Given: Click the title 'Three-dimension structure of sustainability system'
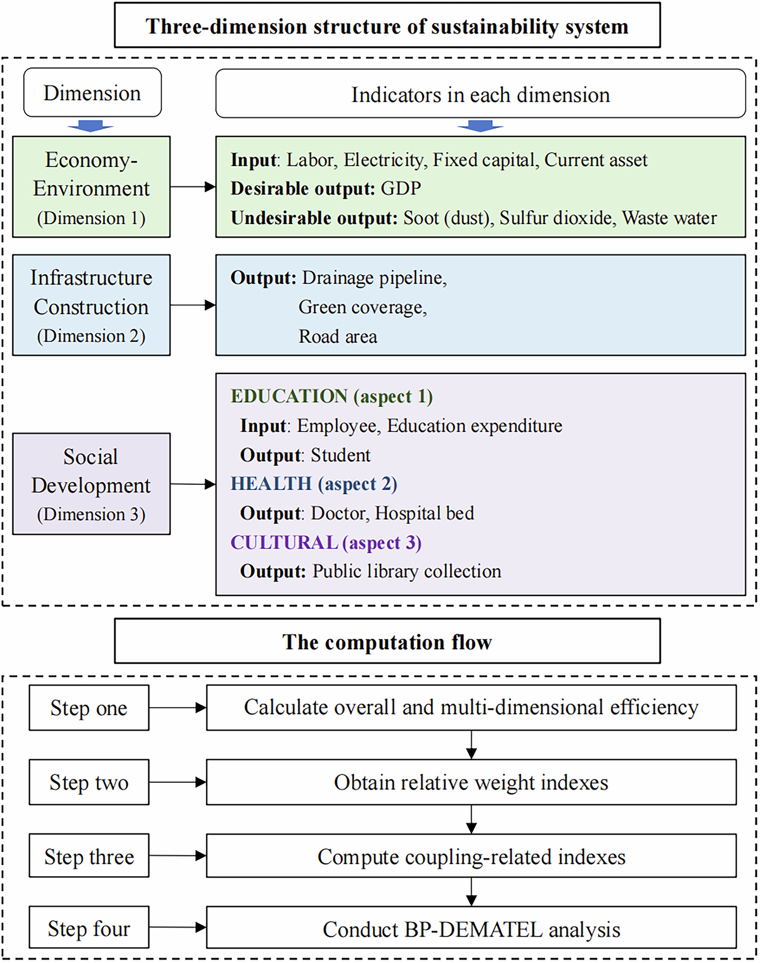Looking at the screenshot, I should click(387, 26).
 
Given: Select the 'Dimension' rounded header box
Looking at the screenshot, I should click(92, 93).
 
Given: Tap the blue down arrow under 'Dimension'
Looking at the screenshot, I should click(91, 126).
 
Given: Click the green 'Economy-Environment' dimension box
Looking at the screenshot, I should click(91, 187).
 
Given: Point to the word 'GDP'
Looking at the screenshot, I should click(401, 188).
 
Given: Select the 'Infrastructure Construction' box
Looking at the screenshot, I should click(91, 305).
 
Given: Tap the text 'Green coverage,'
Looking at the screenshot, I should click(363, 307).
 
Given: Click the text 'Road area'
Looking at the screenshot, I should click(338, 337).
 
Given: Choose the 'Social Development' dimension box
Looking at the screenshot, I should click(91, 484).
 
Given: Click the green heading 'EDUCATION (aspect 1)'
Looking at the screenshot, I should click(331, 396).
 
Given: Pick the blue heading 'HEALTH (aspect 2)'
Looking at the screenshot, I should click(314, 484).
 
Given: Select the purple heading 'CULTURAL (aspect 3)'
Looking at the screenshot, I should click(325, 542).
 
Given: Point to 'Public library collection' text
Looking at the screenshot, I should click(406, 572).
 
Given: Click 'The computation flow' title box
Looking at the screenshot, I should click(387, 641).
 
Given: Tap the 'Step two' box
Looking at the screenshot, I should click(89, 782).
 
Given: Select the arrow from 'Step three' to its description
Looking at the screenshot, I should click(177, 855).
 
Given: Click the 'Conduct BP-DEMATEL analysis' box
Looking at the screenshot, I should click(471, 929).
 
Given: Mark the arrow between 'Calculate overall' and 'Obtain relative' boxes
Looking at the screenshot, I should click(472, 745).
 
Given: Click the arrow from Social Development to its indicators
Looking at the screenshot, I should click(193, 484).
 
